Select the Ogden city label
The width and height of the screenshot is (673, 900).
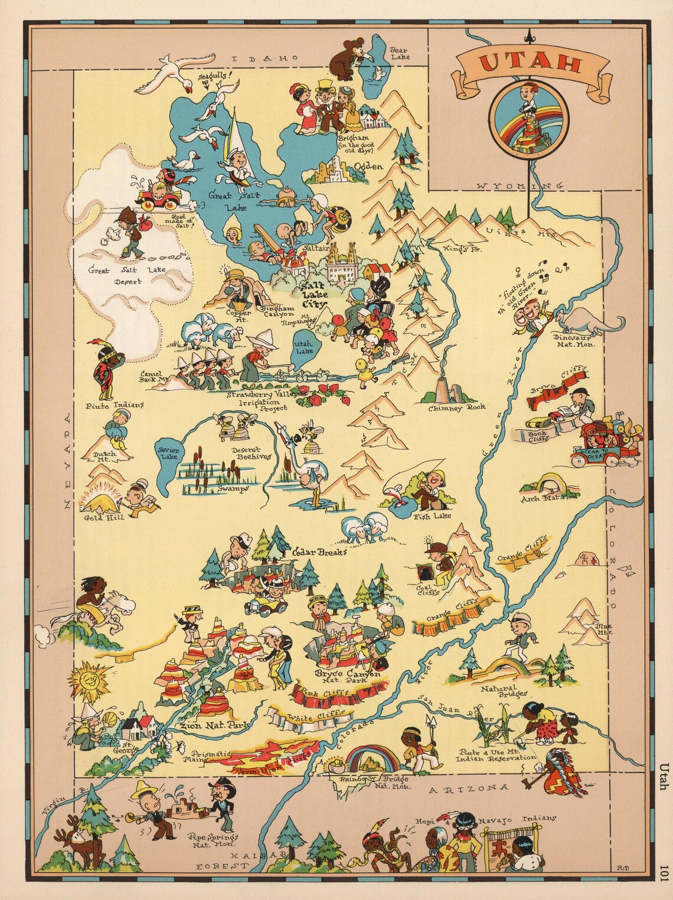pyautogui.click(x=368, y=167)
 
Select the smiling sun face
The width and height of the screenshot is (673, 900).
pyautogui.click(x=90, y=677)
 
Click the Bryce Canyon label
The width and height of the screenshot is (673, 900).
pyautogui.click(x=347, y=674)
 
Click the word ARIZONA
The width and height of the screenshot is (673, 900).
pyautogui.click(x=468, y=788)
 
